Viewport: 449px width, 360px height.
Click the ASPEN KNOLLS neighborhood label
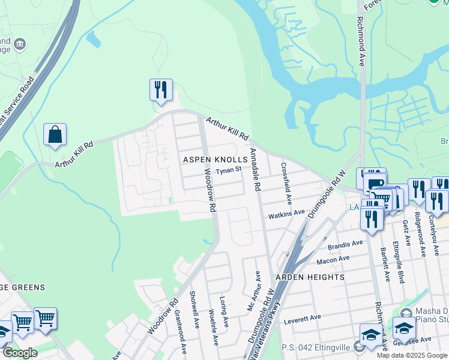(x=215, y=160)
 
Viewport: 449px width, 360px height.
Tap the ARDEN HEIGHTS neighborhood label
(x=310, y=277)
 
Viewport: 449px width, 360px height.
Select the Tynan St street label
(x=229, y=170)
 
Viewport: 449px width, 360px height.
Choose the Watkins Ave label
(x=286, y=213)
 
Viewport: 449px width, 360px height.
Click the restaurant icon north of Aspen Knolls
(x=161, y=90)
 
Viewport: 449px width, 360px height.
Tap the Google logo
(x=20, y=353)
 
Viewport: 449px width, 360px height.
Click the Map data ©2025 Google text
(x=412, y=355)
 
